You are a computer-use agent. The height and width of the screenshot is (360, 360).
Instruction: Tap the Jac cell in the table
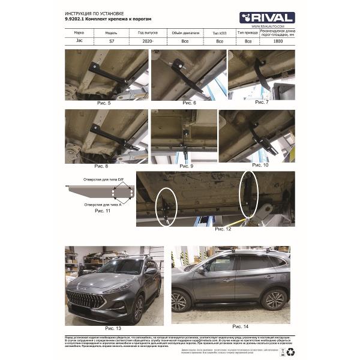pos(79,41)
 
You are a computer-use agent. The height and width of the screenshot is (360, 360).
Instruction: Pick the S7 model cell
pos(112,41)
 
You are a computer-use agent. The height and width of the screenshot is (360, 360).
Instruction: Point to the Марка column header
pos(79,33)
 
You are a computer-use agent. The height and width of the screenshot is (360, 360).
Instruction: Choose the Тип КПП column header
pos(220,33)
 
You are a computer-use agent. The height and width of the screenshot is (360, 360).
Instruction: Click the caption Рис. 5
pos(104,103)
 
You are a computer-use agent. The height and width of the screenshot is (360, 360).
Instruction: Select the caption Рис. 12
pos(222,229)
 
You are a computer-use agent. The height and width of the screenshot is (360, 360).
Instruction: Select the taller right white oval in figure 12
pos(248,193)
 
